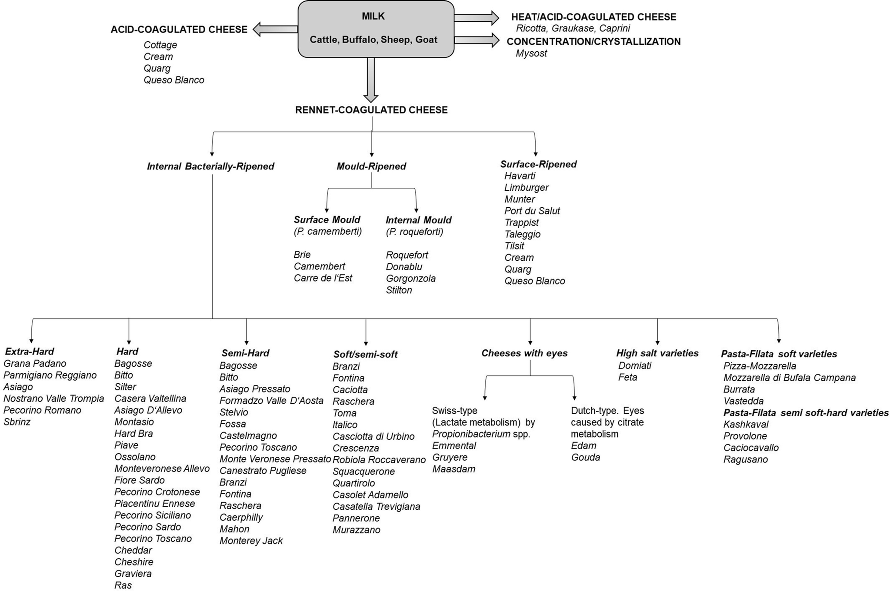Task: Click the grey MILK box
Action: pos(376,29)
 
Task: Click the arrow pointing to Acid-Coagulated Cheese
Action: pos(274,29)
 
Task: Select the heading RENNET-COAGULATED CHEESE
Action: pos(371,110)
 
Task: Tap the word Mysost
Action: pos(531,53)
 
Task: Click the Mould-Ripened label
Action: pos(371,166)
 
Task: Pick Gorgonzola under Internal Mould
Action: pos(410,279)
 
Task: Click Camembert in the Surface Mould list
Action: pos(319,266)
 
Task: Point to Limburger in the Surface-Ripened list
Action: pos(526,188)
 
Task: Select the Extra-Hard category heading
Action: pos(29,352)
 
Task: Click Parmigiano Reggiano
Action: pos(50,375)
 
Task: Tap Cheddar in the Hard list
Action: pos(133,550)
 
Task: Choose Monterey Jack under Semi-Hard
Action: pos(251,541)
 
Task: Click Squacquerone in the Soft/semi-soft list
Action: pos(363,471)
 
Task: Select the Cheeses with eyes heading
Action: pos(524,353)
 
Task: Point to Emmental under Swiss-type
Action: pos(454,446)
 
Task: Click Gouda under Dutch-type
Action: pos(585,458)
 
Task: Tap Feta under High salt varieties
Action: pos(627,377)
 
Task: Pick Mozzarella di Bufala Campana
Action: pos(789,378)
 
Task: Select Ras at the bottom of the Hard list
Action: pos(123,585)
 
